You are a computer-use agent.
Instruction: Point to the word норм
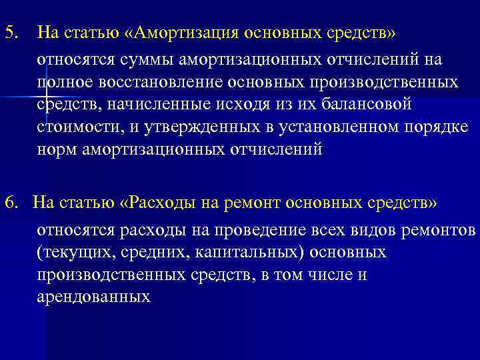point(57,149)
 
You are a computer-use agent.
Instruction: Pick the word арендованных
point(93,297)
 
